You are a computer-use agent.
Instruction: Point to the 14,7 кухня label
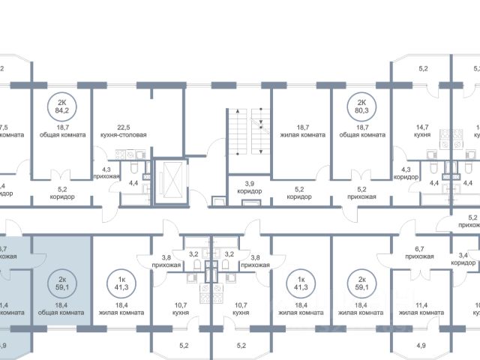[418, 131]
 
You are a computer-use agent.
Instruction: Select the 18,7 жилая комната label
[300, 131]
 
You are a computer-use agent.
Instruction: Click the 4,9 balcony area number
[419, 346]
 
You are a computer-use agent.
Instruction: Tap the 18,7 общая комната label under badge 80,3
[361, 131]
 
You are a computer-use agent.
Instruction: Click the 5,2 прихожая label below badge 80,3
[361, 193]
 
